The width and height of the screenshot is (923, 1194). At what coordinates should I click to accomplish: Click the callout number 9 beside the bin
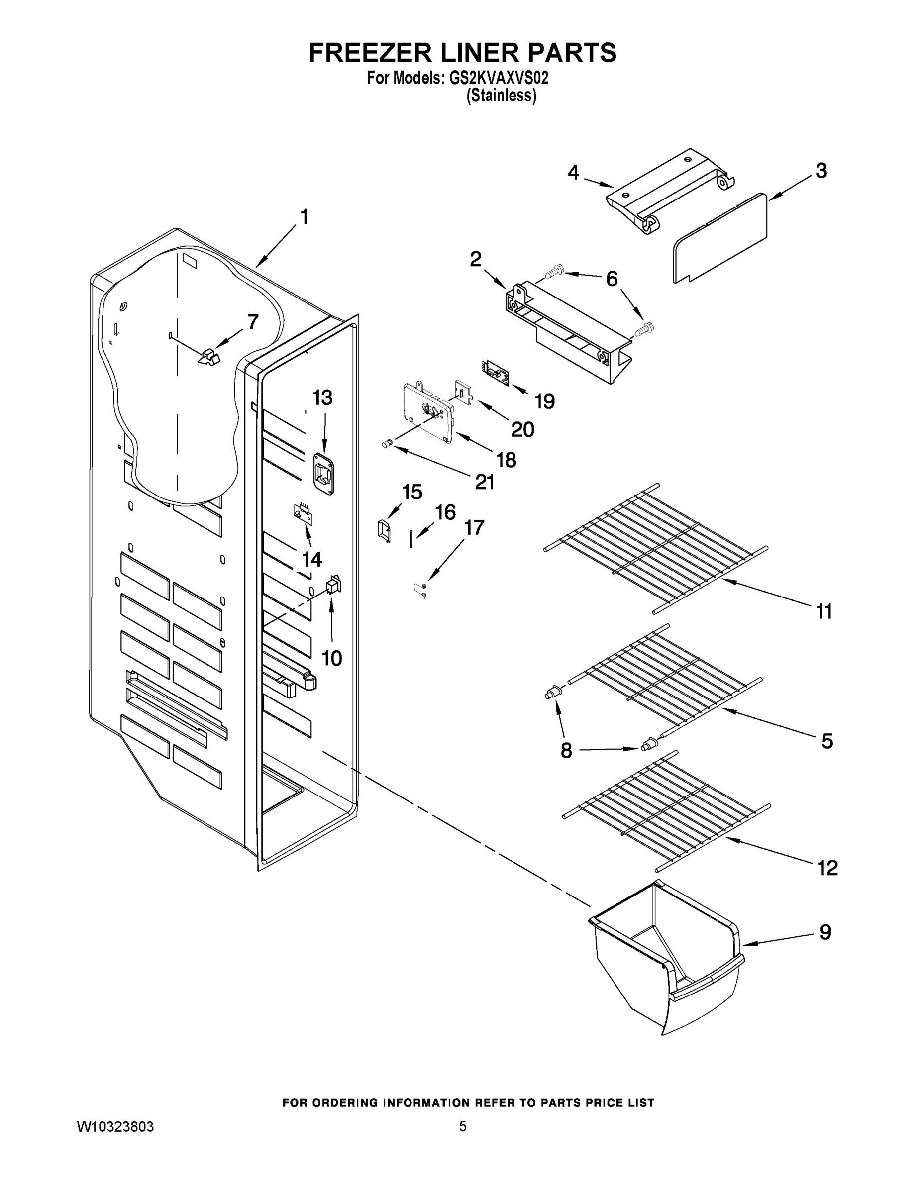pos(825,932)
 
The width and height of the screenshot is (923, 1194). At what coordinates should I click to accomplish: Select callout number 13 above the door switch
pos(322,398)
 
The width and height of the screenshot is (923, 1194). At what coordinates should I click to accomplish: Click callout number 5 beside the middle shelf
pos(827,741)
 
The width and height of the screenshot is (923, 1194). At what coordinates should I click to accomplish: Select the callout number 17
pos(474,527)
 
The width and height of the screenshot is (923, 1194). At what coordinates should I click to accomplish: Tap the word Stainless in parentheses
pos(501,96)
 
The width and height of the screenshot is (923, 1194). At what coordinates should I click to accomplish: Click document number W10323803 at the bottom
pos(115,1127)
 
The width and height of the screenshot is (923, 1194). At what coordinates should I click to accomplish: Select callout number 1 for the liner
pos(304,217)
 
